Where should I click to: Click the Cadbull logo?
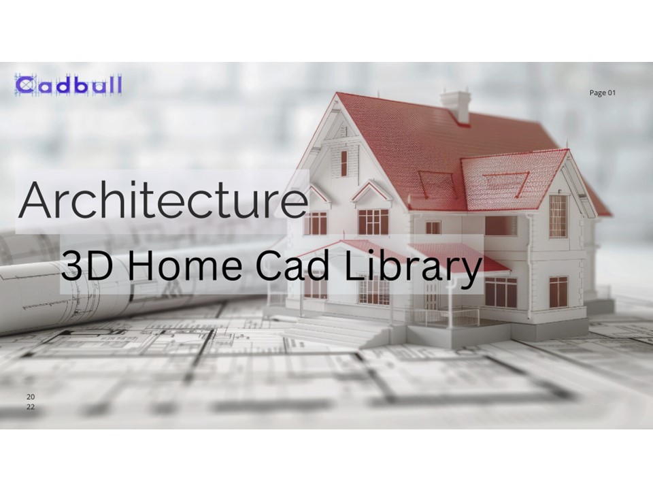(68, 85)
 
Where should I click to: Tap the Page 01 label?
(602, 93)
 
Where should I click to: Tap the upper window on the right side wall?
(558, 216)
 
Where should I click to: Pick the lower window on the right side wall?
(558, 291)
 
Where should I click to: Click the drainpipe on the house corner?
(529, 265)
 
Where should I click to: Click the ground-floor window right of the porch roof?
(501, 291)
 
